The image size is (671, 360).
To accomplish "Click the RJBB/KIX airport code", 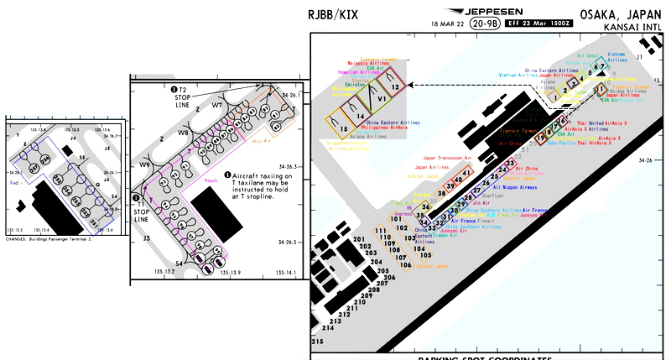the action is (x=340, y=15).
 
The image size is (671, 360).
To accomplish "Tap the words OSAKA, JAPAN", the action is (x=624, y=14).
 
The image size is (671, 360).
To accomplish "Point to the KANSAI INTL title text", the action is (x=633, y=28).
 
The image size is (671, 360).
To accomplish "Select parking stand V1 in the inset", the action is (x=381, y=99).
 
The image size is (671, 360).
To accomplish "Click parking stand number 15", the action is (x=344, y=129).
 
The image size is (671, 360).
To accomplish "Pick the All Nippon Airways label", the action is (x=515, y=187).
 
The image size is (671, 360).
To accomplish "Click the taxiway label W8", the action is (x=183, y=133).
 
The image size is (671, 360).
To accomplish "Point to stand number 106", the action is (x=405, y=264).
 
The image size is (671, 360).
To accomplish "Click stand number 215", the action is (x=317, y=342).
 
